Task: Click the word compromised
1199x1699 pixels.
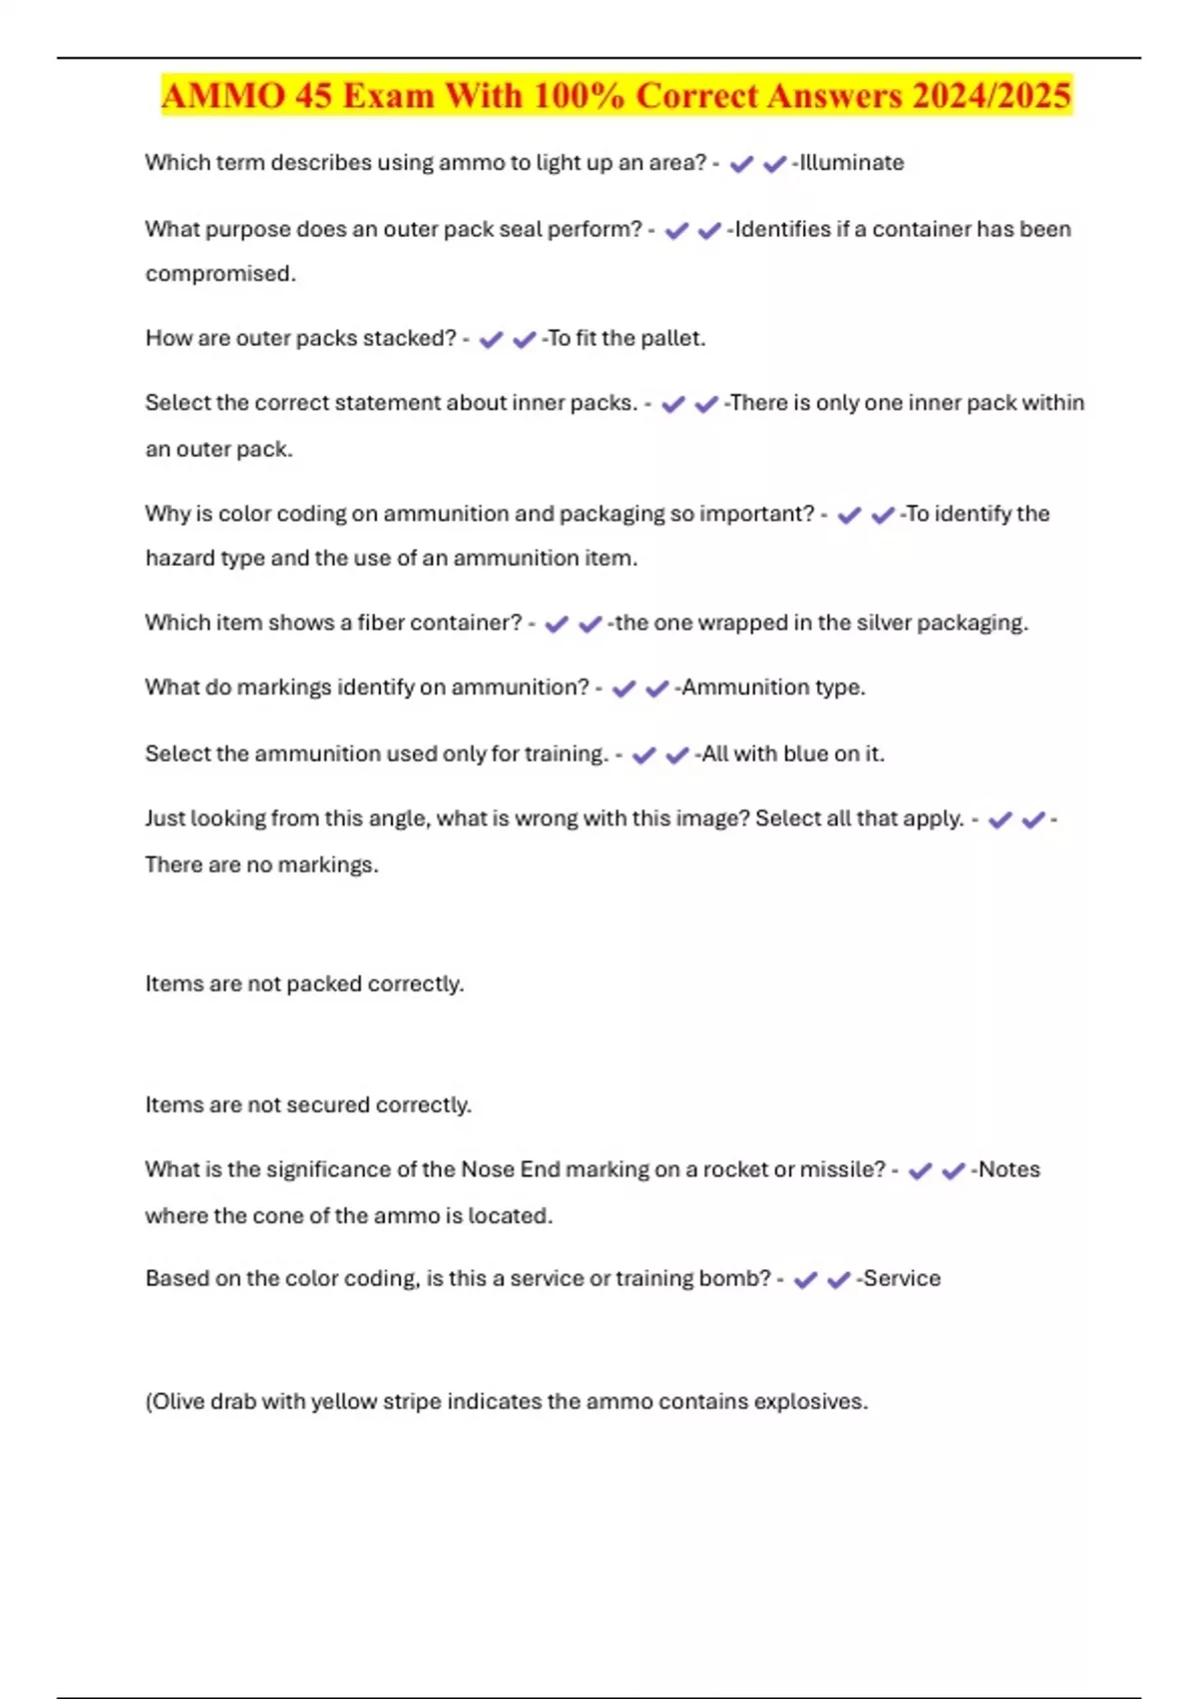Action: pyautogui.click(x=220, y=274)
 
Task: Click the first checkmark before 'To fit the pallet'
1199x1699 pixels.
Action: pyautogui.click(x=491, y=340)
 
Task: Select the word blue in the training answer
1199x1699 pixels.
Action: pyautogui.click(x=806, y=754)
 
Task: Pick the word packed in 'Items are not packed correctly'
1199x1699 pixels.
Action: pyautogui.click(x=324, y=983)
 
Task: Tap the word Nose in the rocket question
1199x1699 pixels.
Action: pyautogui.click(x=487, y=1169)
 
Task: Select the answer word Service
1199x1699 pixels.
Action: pyautogui.click(x=901, y=1278)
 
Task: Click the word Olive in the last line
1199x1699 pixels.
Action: pyautogui.click(x=177, y=1401)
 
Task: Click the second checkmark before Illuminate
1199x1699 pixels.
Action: pyautogui.click(x=774, y=164)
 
